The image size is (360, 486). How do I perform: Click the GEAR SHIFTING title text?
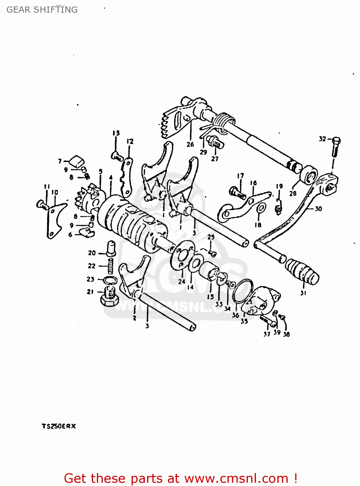[x=42, y=10]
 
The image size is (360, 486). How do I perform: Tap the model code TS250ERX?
[x=59, y=426]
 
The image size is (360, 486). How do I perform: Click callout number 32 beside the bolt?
[x=322, y=139]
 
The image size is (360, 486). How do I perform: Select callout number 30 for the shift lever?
[x=318, y=209]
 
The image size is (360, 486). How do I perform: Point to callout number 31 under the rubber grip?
[x=303, y=293]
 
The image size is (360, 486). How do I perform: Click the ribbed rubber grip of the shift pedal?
[x=302, y=270]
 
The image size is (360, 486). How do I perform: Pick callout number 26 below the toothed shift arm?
[x=190, y=145]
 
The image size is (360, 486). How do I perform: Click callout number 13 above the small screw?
[x=116, y=133]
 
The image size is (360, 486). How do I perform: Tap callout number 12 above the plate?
[x=130, y=141]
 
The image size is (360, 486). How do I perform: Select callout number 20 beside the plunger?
[x=92, y=253]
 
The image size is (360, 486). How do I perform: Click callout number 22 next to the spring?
[x=92, y=266]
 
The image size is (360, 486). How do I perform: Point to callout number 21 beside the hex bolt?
[x=90, y=292]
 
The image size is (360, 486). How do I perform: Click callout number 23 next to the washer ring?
[x=90, y=279]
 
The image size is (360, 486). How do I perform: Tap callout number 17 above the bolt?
[x=240, y=176]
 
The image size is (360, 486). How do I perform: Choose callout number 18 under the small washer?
[x=258, y=225]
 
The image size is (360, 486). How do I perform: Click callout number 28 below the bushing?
[x=293, y=193]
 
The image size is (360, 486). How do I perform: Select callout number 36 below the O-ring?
[x=236, y=315]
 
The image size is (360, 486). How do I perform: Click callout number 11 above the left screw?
[x=47, y=187]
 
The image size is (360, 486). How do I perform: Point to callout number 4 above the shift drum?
[x=111, y=177]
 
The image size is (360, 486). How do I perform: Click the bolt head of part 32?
[x=336, y=141]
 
